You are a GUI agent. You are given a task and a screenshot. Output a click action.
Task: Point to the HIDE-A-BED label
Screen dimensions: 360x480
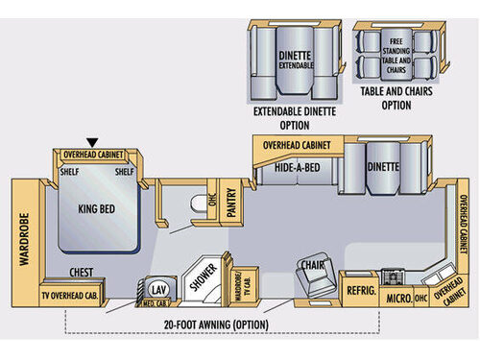297,166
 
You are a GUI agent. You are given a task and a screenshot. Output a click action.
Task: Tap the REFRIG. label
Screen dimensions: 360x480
359,287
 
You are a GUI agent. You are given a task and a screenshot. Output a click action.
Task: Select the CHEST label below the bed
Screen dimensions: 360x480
81,273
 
